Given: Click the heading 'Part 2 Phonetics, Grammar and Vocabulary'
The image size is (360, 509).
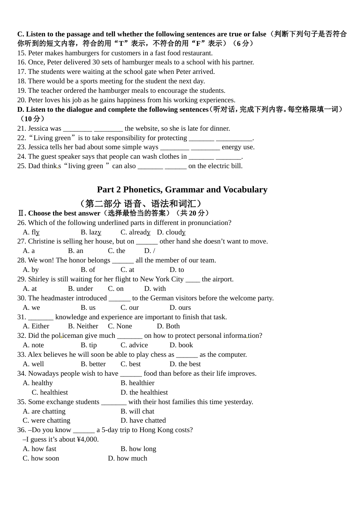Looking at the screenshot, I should point(182,189).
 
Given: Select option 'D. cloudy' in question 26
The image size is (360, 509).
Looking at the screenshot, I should point(171,232).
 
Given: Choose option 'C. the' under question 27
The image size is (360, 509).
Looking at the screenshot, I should point(116,251).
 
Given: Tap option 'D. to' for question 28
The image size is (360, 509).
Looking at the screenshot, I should point(177,270).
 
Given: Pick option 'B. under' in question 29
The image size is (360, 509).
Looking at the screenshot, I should point(80,289).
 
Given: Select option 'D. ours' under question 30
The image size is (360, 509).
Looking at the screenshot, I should point(180,308).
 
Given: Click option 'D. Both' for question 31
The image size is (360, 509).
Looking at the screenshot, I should point(168,326).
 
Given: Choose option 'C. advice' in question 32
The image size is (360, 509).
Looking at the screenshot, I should point(134,345).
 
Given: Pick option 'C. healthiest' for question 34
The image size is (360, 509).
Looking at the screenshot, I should point(50,392).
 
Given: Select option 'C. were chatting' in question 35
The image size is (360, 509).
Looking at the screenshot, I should point(46,420).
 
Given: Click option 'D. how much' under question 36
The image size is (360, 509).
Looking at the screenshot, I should point(127,458).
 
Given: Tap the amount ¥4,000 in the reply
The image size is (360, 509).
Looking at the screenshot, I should point(88,439).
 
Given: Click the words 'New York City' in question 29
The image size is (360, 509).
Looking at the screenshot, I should point(161,279).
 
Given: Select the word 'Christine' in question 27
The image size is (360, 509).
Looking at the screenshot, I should point(42,241).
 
